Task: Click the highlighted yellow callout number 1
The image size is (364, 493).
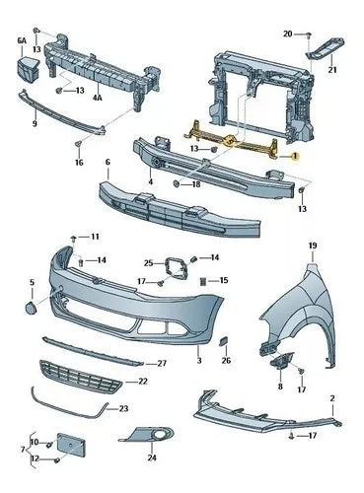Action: coord(295,156)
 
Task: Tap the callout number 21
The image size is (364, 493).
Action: coord(332,70)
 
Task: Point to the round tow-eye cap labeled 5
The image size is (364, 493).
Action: coord(31,307)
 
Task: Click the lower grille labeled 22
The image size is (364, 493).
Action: coord(80,377)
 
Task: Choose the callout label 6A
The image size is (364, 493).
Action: coord(22,40)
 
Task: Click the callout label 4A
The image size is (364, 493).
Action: coord(98,98)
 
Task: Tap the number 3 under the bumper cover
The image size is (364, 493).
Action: coord(199,360)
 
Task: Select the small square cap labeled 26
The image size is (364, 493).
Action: coord(224,341)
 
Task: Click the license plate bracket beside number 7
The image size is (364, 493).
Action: coord(71,446)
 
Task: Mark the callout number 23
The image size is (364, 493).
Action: coord(123,408)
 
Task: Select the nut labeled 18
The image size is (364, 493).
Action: coord(176,183)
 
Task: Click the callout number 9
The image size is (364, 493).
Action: coord(35,123)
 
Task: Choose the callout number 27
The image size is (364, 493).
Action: coord(162,363)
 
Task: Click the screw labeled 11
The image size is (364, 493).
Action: coord(74,238)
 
